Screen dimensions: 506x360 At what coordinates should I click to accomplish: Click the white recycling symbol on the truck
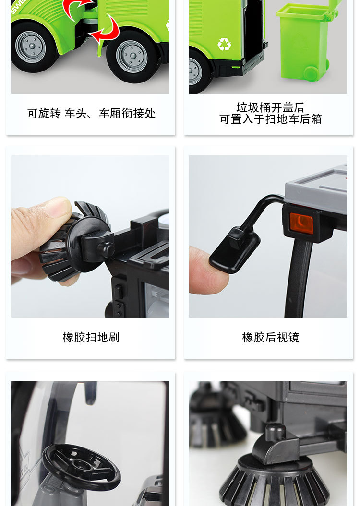click(224, 45)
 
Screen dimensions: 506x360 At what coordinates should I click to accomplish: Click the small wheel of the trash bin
click(311, 73)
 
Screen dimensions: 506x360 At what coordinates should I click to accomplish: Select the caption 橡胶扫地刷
click(91, 338)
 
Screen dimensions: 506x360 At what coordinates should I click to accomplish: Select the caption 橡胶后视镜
click(271, 338)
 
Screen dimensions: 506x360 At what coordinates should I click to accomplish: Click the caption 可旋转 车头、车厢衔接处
click(91, 114)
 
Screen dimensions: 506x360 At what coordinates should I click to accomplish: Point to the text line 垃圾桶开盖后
click(270, 107)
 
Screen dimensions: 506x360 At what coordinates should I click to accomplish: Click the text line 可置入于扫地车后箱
click(270, 119)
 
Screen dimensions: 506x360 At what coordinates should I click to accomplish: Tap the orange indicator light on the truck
click(301, 224)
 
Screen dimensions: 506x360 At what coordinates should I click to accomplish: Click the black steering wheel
click(81, 466)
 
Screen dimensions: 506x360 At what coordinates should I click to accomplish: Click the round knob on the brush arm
click(106, 250)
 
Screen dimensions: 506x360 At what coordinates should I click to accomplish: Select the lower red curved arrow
click(107, 30)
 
